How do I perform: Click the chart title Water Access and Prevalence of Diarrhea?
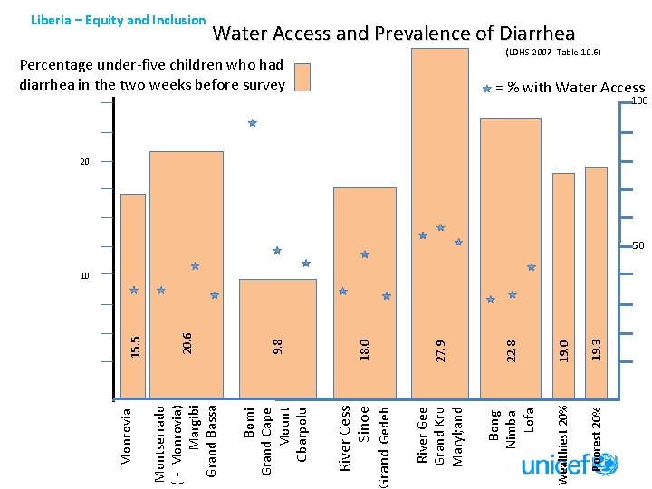393,34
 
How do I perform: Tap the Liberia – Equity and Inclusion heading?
119,19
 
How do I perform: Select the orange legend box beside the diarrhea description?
302,78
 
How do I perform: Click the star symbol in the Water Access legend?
487,89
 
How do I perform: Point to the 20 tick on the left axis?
83,162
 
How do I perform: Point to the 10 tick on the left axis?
83,274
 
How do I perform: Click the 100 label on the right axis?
639,101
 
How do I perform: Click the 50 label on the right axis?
638,246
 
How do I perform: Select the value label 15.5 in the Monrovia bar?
134,346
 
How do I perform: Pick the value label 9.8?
278,346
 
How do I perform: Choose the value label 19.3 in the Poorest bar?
595,346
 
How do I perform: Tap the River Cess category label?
345,437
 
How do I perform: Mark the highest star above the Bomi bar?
253,123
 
